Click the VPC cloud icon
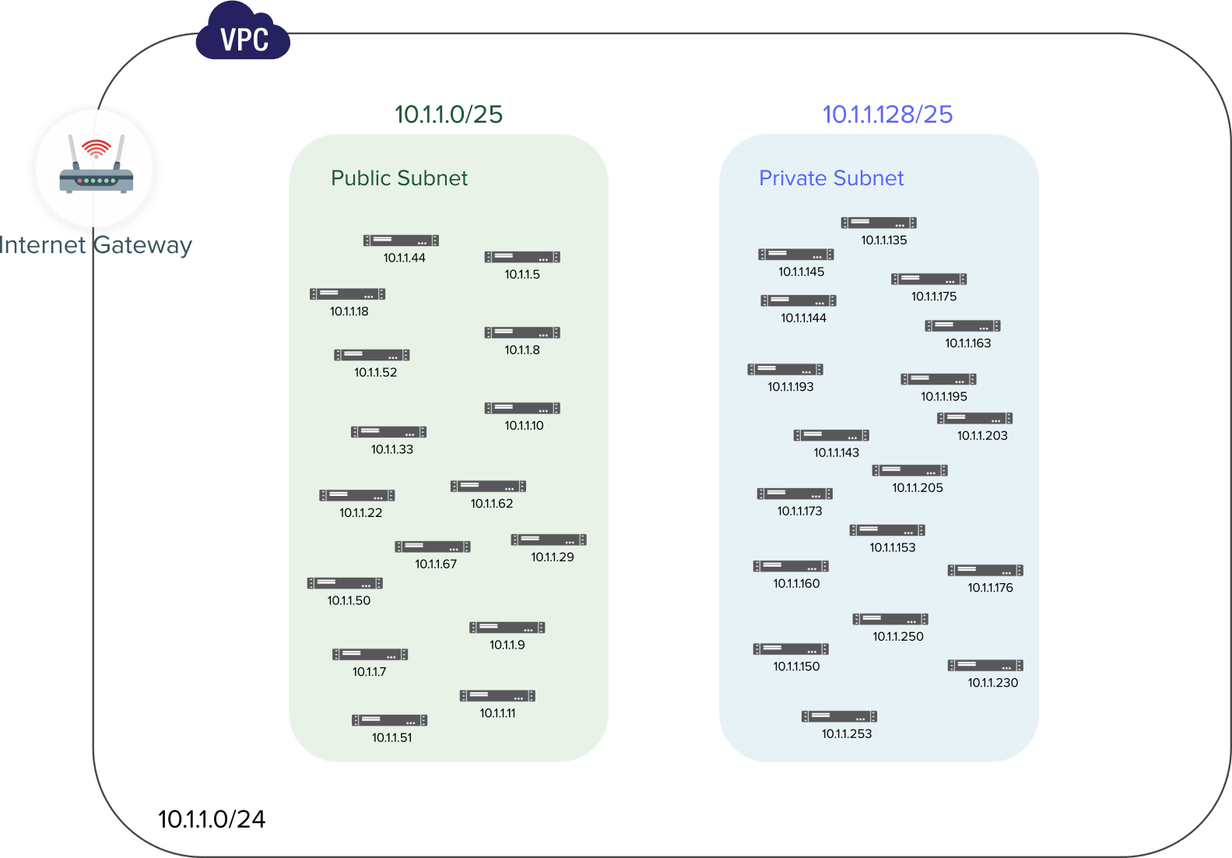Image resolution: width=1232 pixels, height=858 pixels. [x=243, y=35]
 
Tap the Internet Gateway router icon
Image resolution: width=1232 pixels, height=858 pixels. [x=95, y=168]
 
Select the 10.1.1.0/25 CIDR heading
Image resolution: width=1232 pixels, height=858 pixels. [x=448, y=114]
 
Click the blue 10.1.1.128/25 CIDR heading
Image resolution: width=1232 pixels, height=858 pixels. [x=887, y=114]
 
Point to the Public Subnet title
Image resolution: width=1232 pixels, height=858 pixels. [x=399, y=178]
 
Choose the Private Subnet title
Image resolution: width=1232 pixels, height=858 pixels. [x=831, y=178]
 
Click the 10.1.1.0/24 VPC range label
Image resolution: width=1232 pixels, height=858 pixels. [x=212, y=819]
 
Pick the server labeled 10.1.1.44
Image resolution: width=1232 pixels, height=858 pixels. [x=401, y=241]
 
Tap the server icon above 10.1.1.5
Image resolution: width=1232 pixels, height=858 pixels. [x=522, y=257]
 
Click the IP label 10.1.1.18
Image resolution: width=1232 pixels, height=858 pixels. [x=349, y=311]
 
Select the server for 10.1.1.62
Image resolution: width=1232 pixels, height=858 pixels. [x=488, y=487]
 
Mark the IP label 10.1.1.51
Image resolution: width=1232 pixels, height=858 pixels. [x=392, y=737]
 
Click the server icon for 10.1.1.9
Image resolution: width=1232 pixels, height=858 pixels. [x=507, y=628]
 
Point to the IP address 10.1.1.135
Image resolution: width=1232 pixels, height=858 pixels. [x=884, y=241]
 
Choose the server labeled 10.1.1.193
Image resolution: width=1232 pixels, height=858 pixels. [x=785, y=370]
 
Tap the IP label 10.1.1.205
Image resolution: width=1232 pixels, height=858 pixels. [x=918, y=488]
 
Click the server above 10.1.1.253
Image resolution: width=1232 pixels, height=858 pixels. [x=840, y=716]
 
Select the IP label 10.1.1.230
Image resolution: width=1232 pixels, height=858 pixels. [x=993, y=683]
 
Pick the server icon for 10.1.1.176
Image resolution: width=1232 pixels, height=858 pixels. [x=985, y=571]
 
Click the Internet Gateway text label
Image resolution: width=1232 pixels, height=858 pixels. [x=95, y=244]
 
